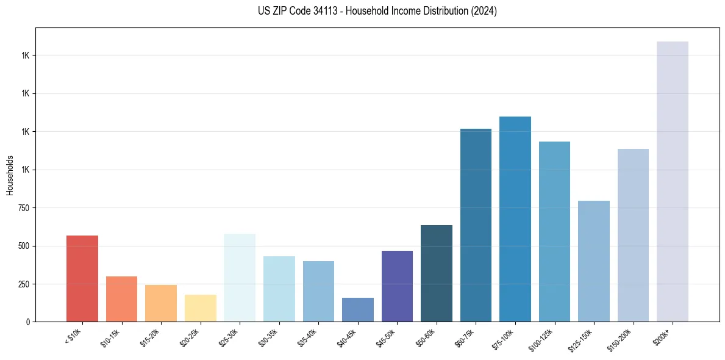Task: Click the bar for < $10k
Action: click(82, 278)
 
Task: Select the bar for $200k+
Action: click(673, 181)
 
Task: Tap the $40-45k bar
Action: click(358, 309)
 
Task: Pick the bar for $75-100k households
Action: click(515, 219)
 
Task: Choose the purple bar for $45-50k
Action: click(397, 286)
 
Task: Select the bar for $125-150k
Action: click(594, 261)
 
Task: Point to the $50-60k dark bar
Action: click(437, 273)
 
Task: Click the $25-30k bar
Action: click(240, 278)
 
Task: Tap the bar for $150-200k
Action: click(633, 235)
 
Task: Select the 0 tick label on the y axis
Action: click(28, 322)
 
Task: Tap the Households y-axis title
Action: click(10, 175)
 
